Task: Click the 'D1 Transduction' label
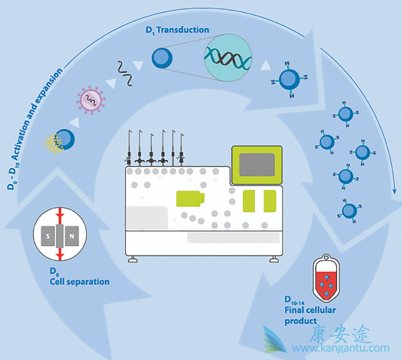pos(177,30)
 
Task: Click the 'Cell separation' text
pos(80,282)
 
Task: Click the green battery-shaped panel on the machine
pos(191,198)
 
